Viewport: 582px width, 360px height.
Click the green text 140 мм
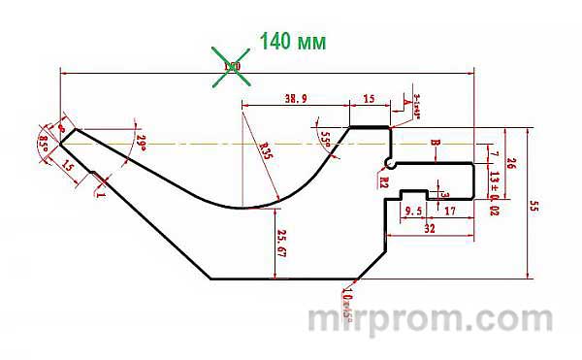point(291,43)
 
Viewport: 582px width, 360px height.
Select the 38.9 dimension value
point(297,99)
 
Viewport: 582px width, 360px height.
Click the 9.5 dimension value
point(412,211)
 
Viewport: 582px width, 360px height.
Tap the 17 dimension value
point(449,211)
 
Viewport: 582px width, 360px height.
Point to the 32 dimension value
point(428,228)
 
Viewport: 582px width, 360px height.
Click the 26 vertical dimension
point(511,162)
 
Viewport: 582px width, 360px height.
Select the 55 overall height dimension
point(534,205)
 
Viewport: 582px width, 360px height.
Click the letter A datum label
point(405,101)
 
